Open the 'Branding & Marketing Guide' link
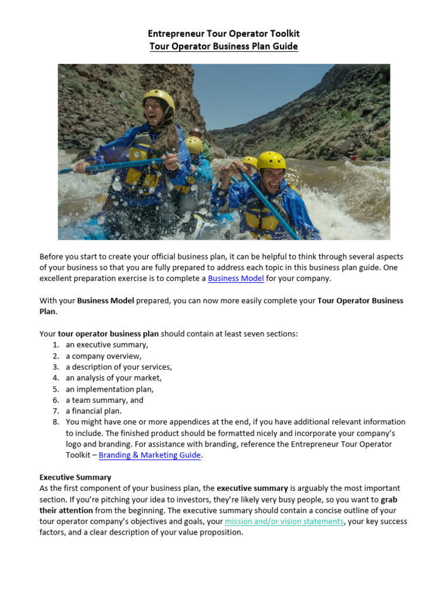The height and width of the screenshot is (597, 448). (150, 455)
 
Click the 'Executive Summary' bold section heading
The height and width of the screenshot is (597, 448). (75, 477)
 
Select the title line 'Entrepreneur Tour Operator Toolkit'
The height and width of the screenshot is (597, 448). (223, 34)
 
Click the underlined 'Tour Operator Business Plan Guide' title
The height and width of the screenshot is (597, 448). (223, 47)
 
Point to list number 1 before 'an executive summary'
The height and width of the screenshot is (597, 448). (55, 345)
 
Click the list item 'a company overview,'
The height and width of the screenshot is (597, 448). (103, 356)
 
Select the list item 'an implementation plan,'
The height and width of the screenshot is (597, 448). (110, 389)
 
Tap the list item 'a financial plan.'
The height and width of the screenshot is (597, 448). (93, 411)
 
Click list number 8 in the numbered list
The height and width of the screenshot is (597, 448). (55, 422)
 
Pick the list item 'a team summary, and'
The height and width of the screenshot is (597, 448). (104, 401)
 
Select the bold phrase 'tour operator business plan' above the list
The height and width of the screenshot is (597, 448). (108, 334)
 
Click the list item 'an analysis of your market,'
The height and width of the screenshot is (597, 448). (114, 378)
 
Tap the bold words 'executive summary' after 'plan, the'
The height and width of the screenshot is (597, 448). (253, 489)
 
